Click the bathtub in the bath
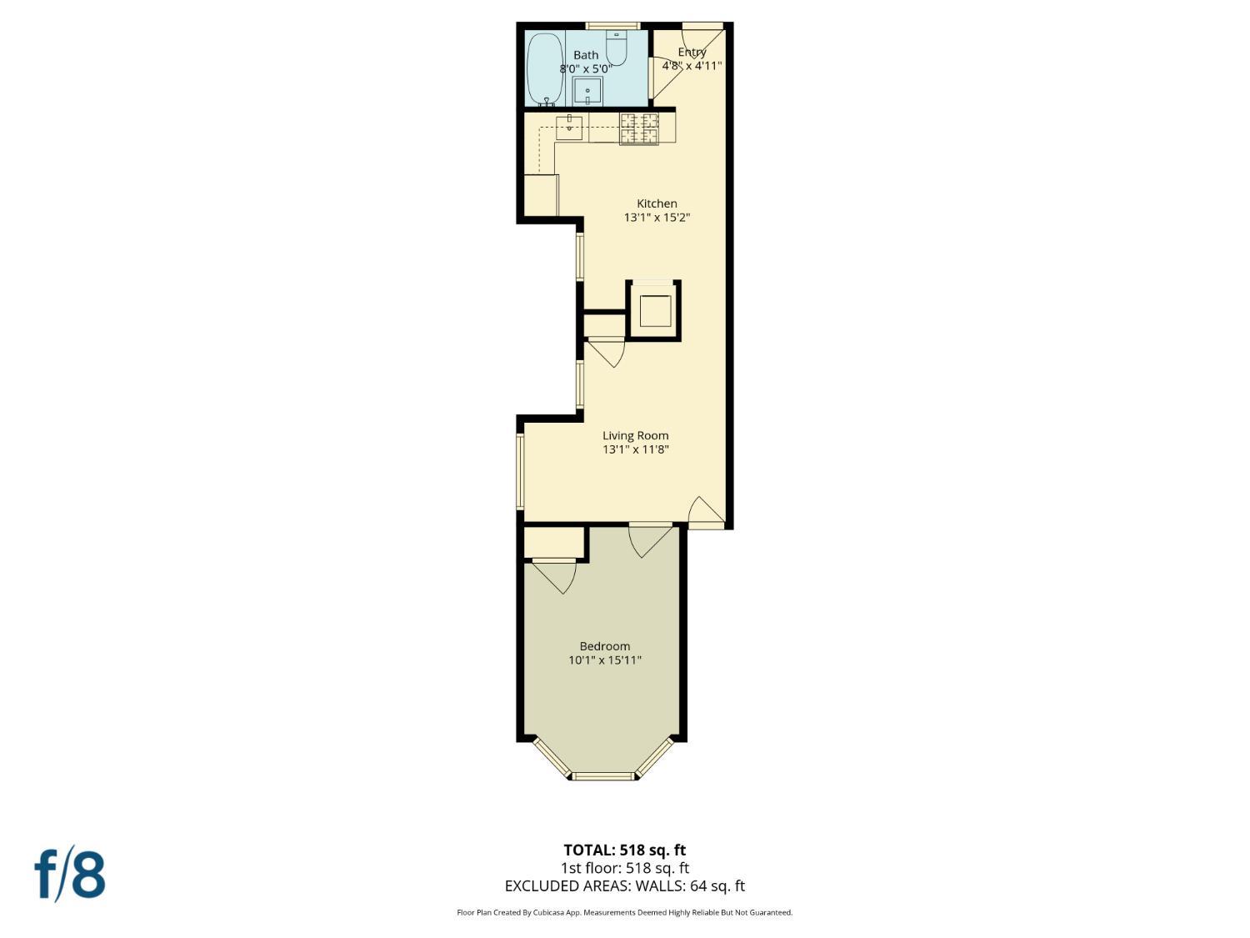[x=544, y=68]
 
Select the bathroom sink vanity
[x=587, y=92]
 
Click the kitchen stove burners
[x=638, y=128]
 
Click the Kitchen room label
[x=657, y=203]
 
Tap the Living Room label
[x=636, y=435]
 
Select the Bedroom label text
[x=605, y=646]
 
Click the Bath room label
[x=586, y=55]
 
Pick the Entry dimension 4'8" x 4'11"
[x=692, y=65]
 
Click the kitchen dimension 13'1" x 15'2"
[x=657, y=218]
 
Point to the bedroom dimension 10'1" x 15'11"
[x=605, y=660]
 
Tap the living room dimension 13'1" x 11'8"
[x=636, y=449]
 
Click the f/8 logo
[x=70, y=873]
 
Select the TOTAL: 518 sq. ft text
[x=625, y=850]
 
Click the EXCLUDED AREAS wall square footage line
[x=625, y=886]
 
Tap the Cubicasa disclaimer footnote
[x=625, y=912]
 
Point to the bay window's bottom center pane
[x=603, y=776]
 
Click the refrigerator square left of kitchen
[x=540, y=195]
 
